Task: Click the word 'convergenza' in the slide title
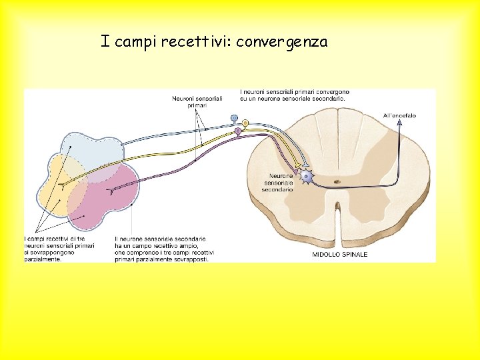click(x=281, y=42)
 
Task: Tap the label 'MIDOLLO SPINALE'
click(x=340, y=255)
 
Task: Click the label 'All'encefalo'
click(x=399, y=115)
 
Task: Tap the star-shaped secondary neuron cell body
click(x=307, y=177)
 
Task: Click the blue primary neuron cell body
click(x=234, y=118)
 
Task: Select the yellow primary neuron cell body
click(x=245, y=123)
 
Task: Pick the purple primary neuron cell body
click(x=238, y=131)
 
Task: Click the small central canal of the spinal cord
click(x=337, y=180)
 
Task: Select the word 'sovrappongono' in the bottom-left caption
click(x=49, y=253)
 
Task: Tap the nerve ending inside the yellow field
click(x=61, y=183)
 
